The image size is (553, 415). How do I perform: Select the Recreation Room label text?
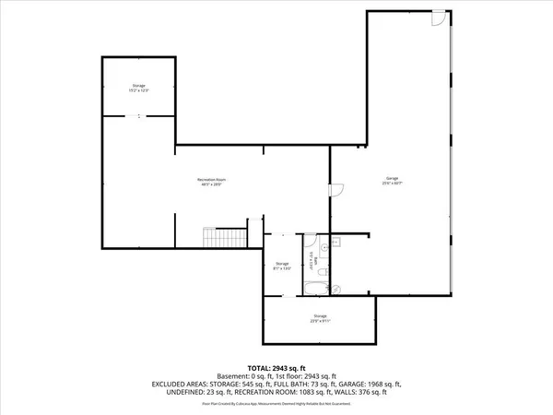(212, 181)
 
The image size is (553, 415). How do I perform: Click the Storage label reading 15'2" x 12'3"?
(138, 89)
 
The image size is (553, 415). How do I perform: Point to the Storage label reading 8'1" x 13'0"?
(282, 267)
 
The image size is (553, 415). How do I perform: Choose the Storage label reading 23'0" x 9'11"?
(319, 319)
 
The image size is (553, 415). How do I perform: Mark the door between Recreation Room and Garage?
(336, 190)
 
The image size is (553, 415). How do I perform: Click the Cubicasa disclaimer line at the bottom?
(276, 403)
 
